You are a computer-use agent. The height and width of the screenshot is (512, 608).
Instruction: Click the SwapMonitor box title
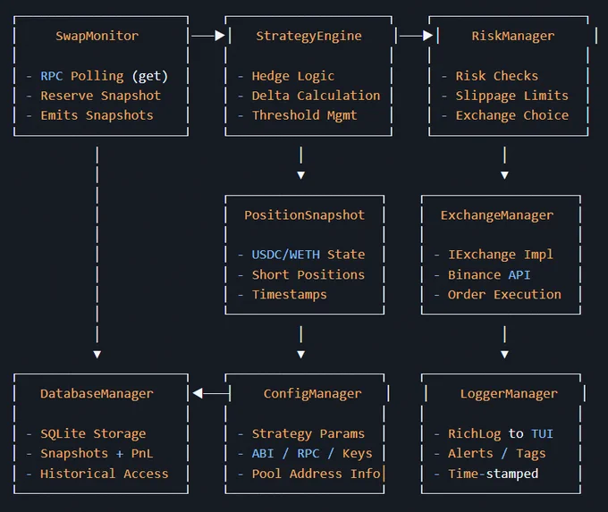tap(97, 36)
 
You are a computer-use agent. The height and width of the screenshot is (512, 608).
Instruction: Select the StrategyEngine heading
tap(308, 36)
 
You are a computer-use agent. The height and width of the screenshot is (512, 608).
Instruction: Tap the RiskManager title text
tap(512, 36)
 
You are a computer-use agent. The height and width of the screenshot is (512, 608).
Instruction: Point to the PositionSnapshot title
tap(304, 215)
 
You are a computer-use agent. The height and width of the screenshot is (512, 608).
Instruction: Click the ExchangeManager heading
tap(497, 215)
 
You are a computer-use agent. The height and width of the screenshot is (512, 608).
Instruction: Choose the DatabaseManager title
tap(97, 394)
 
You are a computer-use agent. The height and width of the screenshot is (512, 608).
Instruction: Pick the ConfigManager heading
tap(312, 394)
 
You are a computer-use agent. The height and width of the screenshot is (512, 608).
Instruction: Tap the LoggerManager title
tap(509, 394)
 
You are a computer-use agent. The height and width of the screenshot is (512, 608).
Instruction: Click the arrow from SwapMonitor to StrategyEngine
tap(208, 36)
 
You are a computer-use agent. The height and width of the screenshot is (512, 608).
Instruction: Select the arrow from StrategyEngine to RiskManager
tap(416, 36)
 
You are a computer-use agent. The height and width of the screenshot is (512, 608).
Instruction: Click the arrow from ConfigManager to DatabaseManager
tap(211, 393)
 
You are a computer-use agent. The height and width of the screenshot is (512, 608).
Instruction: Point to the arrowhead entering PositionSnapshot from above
tap(301, 175)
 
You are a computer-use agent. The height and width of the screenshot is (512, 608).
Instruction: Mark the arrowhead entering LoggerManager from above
tap(504, 354)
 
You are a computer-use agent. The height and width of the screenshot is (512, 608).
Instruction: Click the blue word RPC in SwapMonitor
tap(52, 76)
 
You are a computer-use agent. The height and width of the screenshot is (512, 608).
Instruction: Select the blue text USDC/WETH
tap(286, 255)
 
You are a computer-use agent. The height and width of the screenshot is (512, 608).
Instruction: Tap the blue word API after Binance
tap(519, 275)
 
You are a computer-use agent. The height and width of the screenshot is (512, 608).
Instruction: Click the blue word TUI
tap(542, 433)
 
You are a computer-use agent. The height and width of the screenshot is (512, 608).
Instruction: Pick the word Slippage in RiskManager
tap(486, 96)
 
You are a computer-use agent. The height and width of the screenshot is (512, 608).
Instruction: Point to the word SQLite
tap(63, 433)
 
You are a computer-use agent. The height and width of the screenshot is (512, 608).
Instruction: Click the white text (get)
tap(150, 76)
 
